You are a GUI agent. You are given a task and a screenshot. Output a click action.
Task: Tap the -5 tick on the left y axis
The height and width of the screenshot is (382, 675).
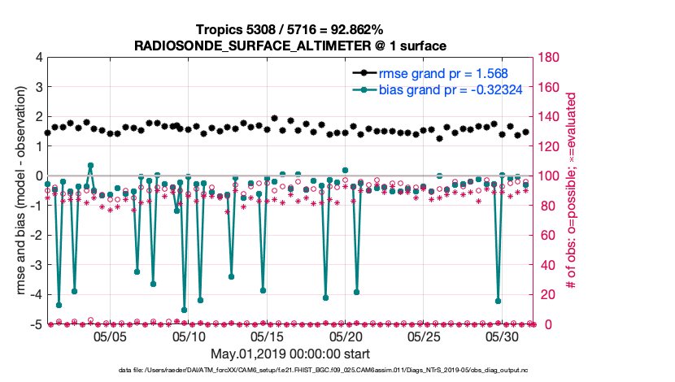click(36, 325)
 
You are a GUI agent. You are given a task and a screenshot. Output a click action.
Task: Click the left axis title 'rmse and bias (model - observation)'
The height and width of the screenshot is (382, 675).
click(21, 191)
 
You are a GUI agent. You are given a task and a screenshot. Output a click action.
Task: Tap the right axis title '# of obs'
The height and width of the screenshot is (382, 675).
click(573, 191)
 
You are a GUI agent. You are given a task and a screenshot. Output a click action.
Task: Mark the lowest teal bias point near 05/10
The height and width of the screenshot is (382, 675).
click(185, 310)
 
